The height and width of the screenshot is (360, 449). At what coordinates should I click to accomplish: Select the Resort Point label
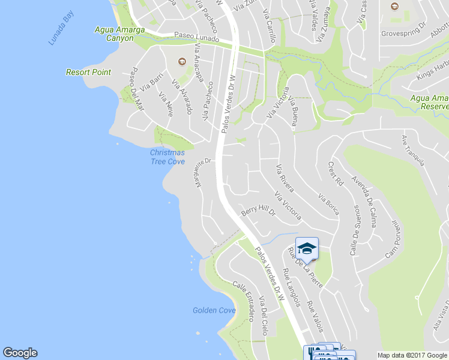click(88, 72)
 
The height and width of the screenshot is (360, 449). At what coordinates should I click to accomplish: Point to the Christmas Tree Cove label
click(167, 157)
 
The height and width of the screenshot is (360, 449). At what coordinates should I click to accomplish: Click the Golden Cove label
click(214, 310)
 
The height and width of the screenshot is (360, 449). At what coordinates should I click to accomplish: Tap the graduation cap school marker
click(307, 248)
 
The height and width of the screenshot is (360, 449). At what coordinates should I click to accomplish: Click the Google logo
click(20, 353)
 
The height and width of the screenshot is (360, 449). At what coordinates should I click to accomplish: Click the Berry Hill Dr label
click(258, 212)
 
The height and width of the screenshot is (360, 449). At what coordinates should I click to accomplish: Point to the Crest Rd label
click(336, 173)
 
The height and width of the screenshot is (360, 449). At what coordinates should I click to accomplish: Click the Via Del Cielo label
click(264, 316)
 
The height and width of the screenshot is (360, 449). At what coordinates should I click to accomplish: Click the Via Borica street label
click(328, 204)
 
